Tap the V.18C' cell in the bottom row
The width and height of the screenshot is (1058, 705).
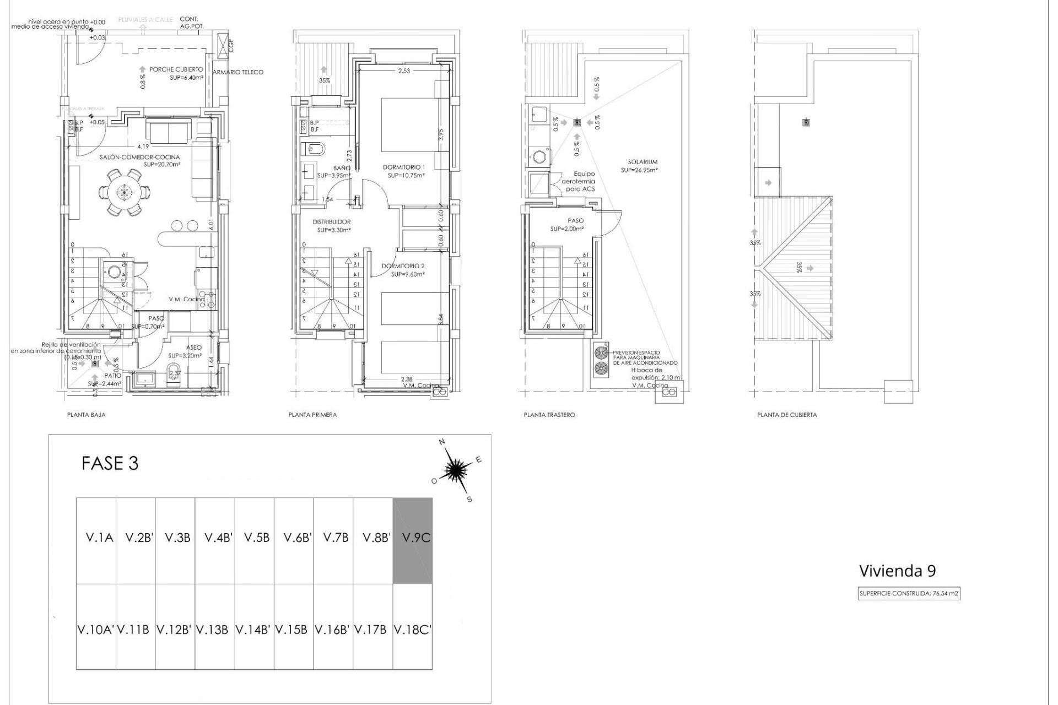[x=412, y=629]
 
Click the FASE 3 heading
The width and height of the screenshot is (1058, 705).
[x=110, y=463]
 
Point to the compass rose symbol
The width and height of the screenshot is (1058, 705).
[x=456, y=469]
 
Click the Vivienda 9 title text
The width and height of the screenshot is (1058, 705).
[x=897, y=571]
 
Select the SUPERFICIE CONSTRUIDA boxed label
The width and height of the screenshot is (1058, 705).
[x=909, y=594]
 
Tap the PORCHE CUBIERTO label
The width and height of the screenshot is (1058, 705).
[x=176, y=70]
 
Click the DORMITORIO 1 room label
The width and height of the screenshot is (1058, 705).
[x=404, y=167]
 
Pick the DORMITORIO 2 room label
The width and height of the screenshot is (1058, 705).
[x=403, y=266]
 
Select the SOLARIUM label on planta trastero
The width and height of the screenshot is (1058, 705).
[x=643, y=162]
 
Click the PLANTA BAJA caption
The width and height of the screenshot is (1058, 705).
[x=87, y=415]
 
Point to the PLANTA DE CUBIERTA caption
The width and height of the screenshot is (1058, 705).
[x=787, y=415]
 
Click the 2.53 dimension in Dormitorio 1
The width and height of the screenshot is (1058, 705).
[x=404, y=70]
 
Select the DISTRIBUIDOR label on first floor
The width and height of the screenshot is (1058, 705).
[x=332, y=222]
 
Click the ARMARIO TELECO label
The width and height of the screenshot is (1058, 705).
[x=238, y=72]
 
